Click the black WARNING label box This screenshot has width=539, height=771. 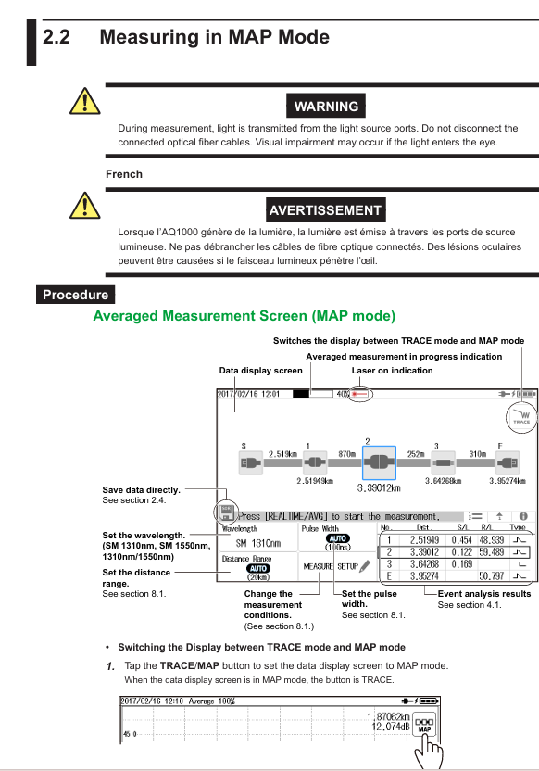[x=326, y=106]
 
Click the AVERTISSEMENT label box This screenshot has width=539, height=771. [x=325, y=210]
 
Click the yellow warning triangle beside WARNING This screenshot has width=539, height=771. [x=85, y=102]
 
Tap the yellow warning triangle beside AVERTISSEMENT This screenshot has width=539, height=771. [x=85, y=206]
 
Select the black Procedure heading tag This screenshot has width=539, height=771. [x=75, y=295]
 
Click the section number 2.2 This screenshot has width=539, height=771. [x=56, y=37]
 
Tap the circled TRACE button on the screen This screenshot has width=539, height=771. [x=521, y=417]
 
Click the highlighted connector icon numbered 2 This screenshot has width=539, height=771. [x=379, y=462]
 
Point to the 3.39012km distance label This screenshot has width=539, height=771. [x=379, y=487]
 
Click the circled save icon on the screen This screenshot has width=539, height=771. [x=226, y=512]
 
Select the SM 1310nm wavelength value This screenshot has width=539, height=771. [x=258, y=543]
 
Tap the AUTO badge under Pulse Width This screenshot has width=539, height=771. [x=337, y=538]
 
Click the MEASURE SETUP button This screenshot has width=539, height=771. [x=336, y=566]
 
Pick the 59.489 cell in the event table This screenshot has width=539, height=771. [x=491, y=552]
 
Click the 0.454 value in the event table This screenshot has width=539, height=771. [x=462, y=540]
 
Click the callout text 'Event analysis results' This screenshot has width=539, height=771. [x=484, y=593]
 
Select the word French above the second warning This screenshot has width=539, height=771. [x=124, y=174]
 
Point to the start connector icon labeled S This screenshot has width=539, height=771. [x=251, y=462]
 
